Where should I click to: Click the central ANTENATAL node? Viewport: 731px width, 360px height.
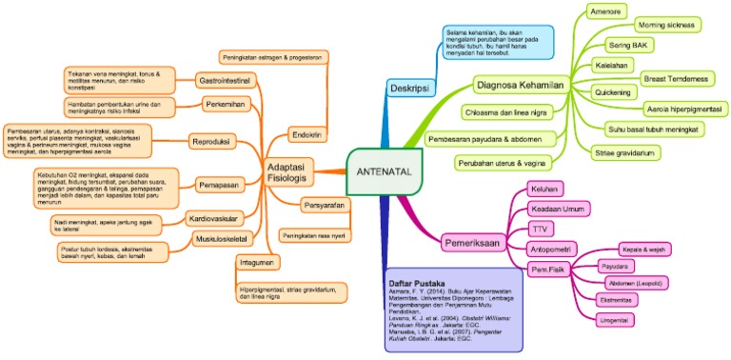click(380, 171)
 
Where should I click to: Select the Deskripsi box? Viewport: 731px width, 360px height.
click(408, 89)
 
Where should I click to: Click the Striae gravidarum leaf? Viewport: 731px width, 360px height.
click(626, 152)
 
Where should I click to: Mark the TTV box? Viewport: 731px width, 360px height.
click(538, 229)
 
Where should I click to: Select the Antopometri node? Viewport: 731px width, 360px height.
click(547, 249)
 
